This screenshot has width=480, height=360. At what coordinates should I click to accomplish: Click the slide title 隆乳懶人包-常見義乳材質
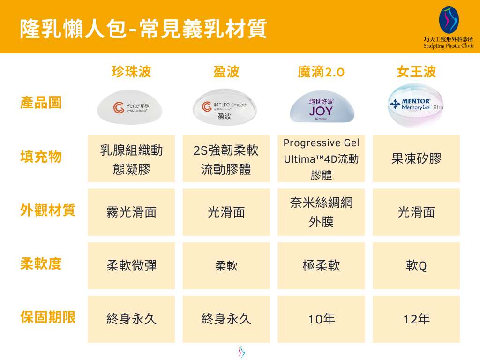coord(143,29)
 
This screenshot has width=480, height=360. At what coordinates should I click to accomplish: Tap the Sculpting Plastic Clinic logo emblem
coord(449,20)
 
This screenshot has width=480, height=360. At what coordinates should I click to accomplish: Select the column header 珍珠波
coord(131,72)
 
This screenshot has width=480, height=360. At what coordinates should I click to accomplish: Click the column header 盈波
coord(226,72)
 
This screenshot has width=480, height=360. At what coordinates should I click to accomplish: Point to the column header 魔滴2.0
coord(321,72)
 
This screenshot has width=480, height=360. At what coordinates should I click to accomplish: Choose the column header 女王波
coord(416,72)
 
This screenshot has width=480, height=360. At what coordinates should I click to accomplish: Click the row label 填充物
coord(41,157)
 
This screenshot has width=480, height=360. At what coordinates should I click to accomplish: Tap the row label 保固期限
coord(48,317)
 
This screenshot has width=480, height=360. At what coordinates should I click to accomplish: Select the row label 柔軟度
coord(41,263)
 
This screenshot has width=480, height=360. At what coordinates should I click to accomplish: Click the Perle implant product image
coord(130,107)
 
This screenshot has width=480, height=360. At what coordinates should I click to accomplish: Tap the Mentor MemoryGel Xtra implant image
coord(416,105)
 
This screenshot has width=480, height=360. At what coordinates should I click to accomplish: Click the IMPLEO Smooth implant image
coord(225,107)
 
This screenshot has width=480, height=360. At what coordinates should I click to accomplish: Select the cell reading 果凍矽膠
coord(416,158)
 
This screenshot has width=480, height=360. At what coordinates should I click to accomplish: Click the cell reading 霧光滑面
coord(131,212)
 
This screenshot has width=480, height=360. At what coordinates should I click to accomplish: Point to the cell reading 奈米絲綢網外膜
coord(322,212)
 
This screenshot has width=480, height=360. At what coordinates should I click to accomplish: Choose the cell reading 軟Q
coord(416,266)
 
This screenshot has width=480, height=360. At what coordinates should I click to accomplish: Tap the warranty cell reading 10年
coord(322,319)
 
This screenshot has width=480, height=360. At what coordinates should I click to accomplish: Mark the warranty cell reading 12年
coord(416,319)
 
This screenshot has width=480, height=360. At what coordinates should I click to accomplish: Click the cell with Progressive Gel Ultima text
coord(322,158)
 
